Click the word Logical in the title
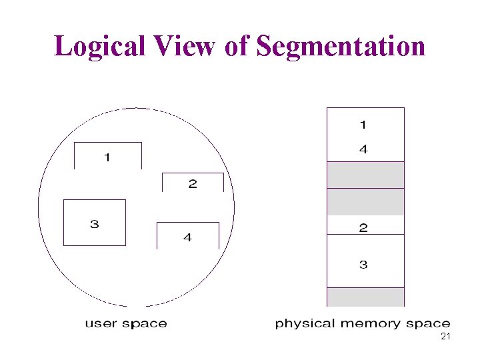coord(101,46)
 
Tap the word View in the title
coord(185,46)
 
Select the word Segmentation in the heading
coord(341,46)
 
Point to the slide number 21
coord(446,337)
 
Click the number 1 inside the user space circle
coord(107,158)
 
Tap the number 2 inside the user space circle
coord(193,184)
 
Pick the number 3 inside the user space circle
coord(95,224)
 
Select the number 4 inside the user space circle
coord(187,237)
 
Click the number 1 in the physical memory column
coord(363,124)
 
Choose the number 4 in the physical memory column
coord(363,150)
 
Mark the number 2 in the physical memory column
coord(363,228)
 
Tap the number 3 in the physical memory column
coord(363,265)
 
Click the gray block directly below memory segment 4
coord(365,175)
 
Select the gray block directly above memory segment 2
coord(365,201)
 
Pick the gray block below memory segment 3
coord(365,297)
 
